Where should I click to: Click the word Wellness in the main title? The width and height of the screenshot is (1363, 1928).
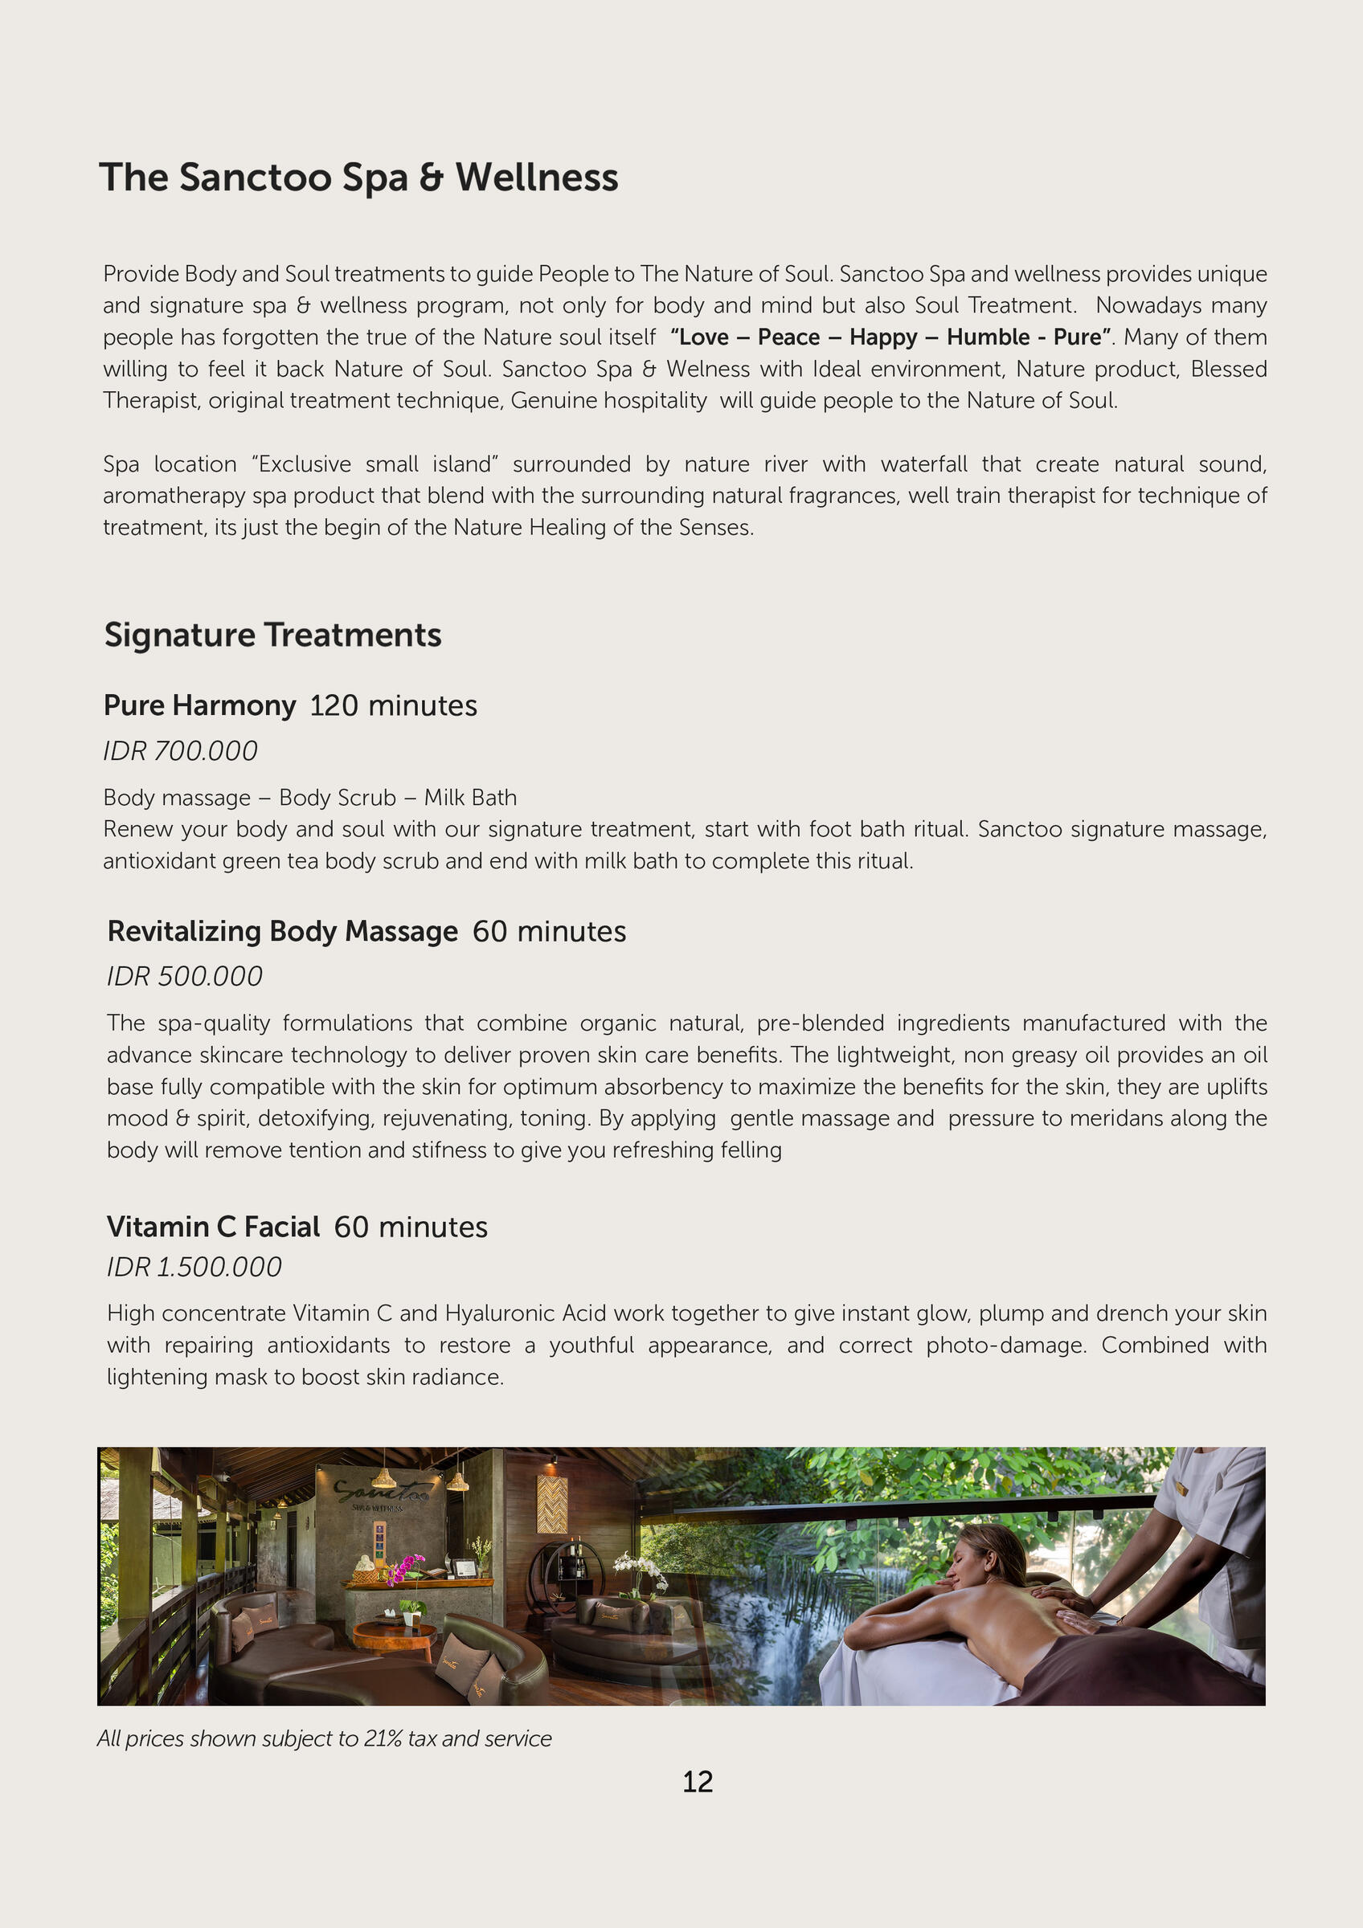(x=537, y=178)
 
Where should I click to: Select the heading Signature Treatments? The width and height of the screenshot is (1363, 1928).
(x=272, y=635)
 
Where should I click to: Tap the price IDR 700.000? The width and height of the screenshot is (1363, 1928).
(x=180, y=750)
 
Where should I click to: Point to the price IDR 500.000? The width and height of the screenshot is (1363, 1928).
(x=184, y=976)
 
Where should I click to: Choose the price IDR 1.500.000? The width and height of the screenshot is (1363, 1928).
(x=194, y=1266)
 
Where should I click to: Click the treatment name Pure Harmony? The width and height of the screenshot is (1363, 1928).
(x=199, y=705)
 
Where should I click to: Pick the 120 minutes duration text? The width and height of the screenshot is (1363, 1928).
(x=393, y=705)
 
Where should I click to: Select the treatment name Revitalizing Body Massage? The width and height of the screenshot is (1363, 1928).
(x=282, y=931)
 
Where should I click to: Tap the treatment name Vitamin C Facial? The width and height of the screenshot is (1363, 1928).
(x=212, y=1227)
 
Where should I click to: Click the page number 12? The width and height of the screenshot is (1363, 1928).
(x=697, y=1781)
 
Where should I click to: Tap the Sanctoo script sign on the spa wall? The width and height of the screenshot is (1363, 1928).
(x=382, y=1492)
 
